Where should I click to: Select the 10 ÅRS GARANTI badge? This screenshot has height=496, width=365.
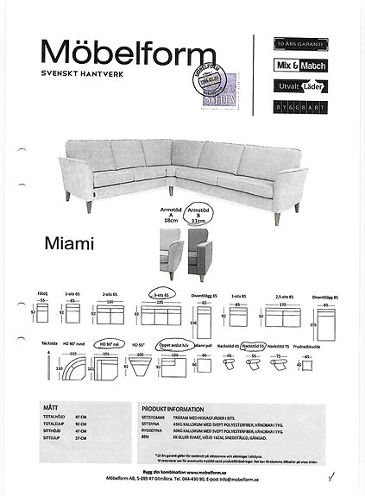pos(293,40)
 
